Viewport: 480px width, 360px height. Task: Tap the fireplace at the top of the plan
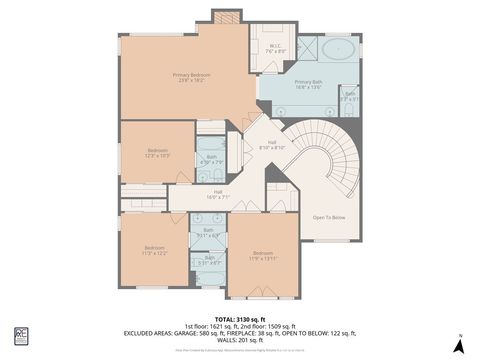coord(225,17)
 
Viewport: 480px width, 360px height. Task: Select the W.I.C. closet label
coord(277,47)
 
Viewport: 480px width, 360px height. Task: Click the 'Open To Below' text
coord(328,217)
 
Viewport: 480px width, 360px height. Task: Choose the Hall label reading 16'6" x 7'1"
coord(218,194)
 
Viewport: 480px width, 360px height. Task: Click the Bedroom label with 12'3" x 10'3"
coord(158,153)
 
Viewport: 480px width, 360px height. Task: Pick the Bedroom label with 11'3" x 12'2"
coord(153,250)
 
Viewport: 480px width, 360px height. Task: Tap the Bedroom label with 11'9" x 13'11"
coord(263,255)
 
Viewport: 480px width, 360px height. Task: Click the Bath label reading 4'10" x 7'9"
coord(211,159)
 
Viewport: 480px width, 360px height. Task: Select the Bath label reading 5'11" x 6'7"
coord(209,233)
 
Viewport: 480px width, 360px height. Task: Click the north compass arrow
coord(459,345)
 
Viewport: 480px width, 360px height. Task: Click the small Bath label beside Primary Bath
coord(349,97)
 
